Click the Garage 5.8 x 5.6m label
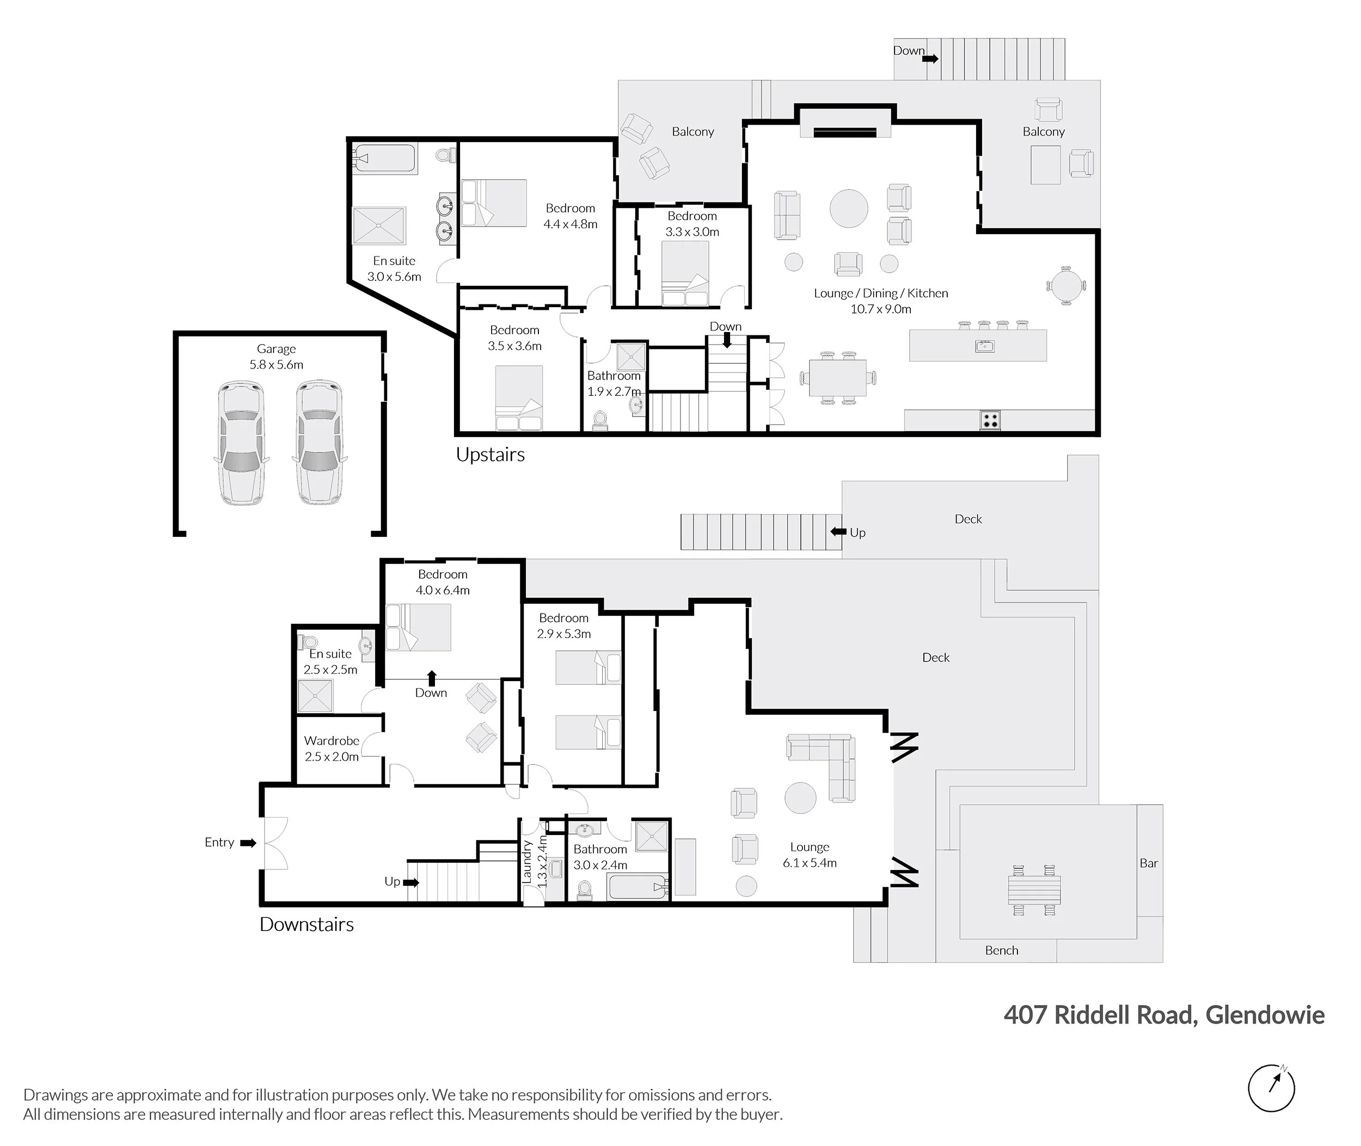[x=276, y=357]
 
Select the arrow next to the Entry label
[x=248, y=843]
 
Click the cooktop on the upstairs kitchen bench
[x=990, y=420]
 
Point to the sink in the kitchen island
[x=984, y=346]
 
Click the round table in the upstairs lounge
[x=848, y=209]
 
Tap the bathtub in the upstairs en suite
[x=384, y=158]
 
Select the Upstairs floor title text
[x=490, y=455]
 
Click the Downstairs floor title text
[x=306, y=924]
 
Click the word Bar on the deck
[x=1149, y=863]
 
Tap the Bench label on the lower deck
[x=1001, y=951]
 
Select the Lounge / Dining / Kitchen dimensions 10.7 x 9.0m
[x=880, y=309]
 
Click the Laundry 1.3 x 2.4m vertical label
[x=535, y=861]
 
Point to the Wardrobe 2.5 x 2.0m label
[x=332, y=749]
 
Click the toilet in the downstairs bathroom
[x=585, y=890]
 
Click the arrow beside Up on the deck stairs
[x=838, y=532]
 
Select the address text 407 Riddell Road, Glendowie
[x=1163, y=1015]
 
